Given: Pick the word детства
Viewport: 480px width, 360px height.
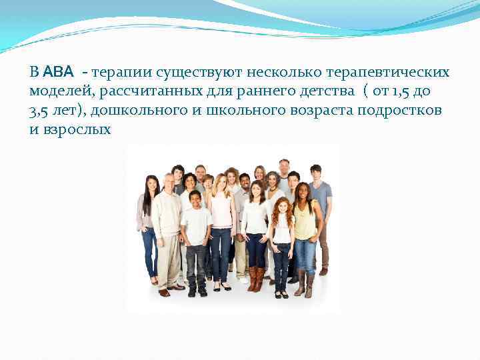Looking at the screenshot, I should (314, 90).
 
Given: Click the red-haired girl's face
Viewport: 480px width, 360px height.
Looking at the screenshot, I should (282, 207).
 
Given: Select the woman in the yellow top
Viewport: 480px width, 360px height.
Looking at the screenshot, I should (305, 227).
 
